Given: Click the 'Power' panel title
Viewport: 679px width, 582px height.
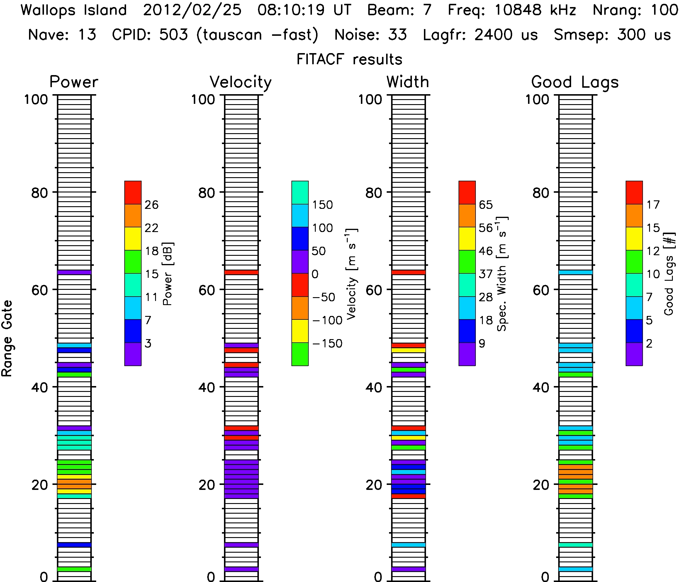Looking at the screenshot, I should click(74, 82).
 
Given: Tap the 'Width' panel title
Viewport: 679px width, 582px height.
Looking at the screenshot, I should click(408, 82).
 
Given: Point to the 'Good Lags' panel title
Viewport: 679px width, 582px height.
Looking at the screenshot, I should click(575, 82).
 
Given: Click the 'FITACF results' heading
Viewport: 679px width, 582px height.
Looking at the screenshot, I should click(349, 60).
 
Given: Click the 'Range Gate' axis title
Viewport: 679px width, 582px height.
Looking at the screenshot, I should click(7, 339).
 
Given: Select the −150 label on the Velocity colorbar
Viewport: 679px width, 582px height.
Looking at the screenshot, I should click(327, 344).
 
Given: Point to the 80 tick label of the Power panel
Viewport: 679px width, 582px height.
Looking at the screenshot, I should click(40, 193).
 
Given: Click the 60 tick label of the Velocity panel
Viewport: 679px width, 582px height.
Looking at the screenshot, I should click(207, 290).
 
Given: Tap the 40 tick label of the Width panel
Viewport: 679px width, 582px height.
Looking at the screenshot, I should click(374, 388).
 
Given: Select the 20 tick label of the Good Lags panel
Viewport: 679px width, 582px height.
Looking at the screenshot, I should click(541, 485).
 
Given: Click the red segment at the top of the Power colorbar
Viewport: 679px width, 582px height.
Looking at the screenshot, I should click(133, 192).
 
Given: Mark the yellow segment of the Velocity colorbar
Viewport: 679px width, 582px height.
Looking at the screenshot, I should click(300, 331).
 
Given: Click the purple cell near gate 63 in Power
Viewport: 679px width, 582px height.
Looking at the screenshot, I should click(74, 272).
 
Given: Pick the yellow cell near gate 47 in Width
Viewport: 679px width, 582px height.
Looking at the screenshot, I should click(408, 350).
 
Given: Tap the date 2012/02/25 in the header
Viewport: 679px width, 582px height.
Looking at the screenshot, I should click(192, 10).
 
